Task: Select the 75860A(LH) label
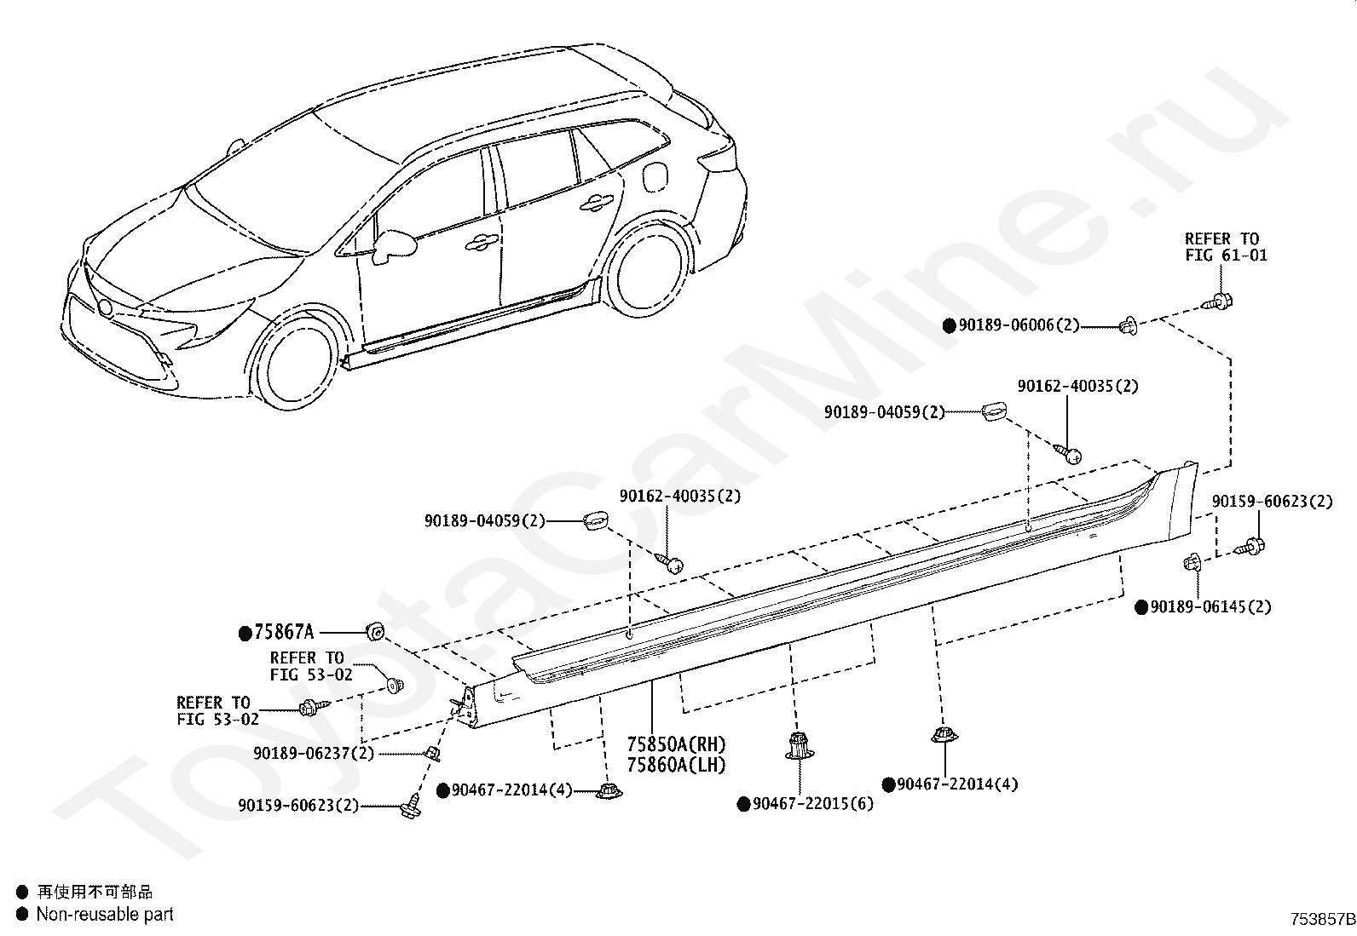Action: click(676, 765)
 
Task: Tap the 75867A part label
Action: click(284, 632)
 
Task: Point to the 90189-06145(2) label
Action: click(1210, 606)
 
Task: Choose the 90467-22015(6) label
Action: click(813, 803)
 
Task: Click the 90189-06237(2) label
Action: click(314, 753)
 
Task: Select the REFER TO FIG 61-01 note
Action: click(1225, 247)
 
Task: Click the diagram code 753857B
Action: click(1322, 920)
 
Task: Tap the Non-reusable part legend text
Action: click(104, 915)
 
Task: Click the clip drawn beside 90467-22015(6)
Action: click(797, 746)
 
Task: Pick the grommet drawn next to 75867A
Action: click(374, 631)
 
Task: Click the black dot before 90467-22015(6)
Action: click(743, 803)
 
